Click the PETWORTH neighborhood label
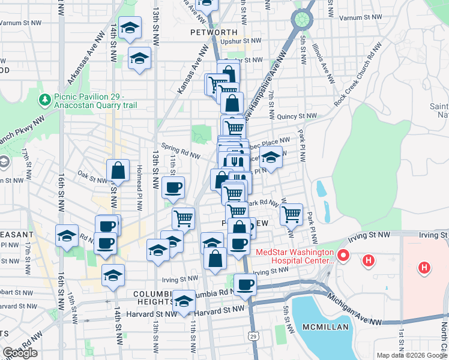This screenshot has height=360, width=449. tap(210, 32)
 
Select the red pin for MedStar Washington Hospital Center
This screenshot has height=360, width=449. tap(343, 256)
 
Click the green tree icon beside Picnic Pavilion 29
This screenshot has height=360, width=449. tap(44, 98)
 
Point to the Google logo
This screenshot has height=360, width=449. tap(20, 353)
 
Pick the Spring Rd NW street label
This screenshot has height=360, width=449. tap(181, 151)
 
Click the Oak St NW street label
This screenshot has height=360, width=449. tap(92, 176)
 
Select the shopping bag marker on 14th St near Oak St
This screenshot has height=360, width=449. tap(118, 171)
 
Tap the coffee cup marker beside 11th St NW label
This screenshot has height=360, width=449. tap(173, 188)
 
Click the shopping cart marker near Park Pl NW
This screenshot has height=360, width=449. tap(291, 214)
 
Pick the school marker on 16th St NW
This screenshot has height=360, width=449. tap(67, 236)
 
